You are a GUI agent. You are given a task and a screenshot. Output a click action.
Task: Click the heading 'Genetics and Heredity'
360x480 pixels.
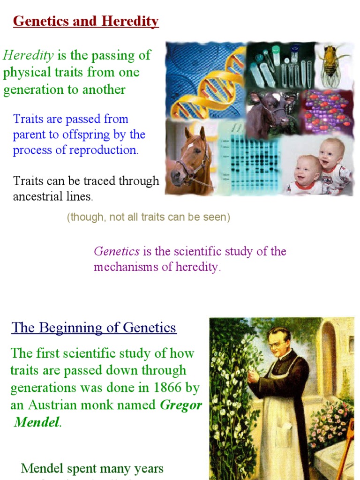86,22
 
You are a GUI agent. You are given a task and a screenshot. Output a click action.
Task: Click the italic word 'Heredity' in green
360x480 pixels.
28,55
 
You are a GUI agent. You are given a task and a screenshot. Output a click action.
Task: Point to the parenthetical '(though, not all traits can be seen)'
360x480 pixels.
148,217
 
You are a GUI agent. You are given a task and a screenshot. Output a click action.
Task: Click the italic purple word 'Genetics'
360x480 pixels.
117,251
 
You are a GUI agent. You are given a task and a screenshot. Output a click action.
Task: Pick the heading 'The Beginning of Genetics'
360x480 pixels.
94,327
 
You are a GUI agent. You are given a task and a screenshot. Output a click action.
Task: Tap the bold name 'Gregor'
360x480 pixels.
181,405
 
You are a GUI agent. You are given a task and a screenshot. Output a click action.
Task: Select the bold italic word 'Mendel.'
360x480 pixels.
37,422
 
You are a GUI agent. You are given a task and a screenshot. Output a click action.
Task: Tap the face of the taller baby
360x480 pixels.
330,155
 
